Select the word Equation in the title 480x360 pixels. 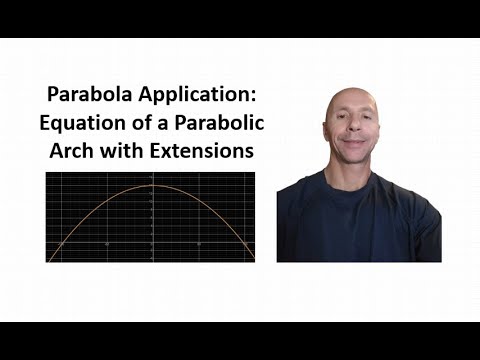pyautogui.click(x=81, y=125)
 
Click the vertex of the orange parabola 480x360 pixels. pyautogui.click(x=151, y=186)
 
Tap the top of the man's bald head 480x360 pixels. pyautogui.click(x=350, y=92)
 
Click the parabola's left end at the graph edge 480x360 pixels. pyautogui.click(x=49, y=259)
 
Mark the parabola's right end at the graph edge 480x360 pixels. pyautogui.click(x=252, y=259)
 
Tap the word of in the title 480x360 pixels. pyautogui.click(x=135, y=125)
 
